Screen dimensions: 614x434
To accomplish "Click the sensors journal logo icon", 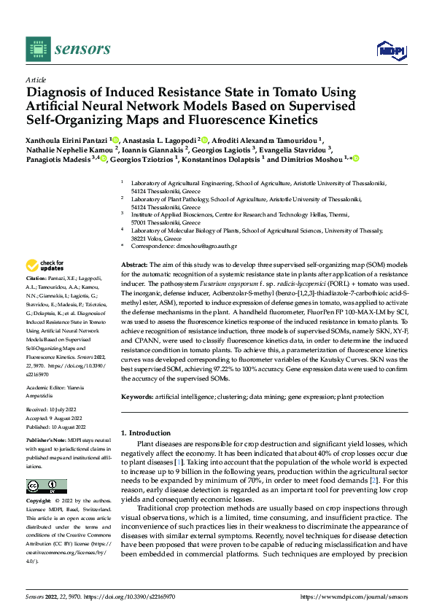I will (x=37, y=49).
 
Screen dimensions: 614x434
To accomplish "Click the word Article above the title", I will (x=36, y=79).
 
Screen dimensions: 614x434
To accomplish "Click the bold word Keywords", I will (x=136, y=396).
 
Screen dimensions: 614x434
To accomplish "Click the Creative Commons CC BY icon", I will (x=46, y=486).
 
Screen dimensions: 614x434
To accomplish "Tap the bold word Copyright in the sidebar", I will (x=39, y=502).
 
